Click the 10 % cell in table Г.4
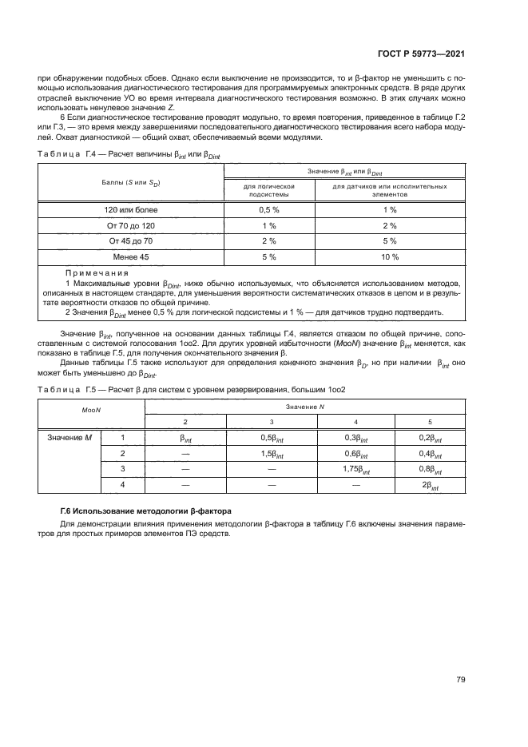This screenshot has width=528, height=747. pos(389,256)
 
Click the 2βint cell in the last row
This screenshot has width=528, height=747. pos(431,485)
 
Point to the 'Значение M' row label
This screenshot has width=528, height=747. pos(67,437)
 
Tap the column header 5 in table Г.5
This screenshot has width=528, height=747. pos(431,421)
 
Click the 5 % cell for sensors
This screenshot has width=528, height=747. pos(389,240)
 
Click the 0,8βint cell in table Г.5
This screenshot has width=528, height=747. pos(431,469)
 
